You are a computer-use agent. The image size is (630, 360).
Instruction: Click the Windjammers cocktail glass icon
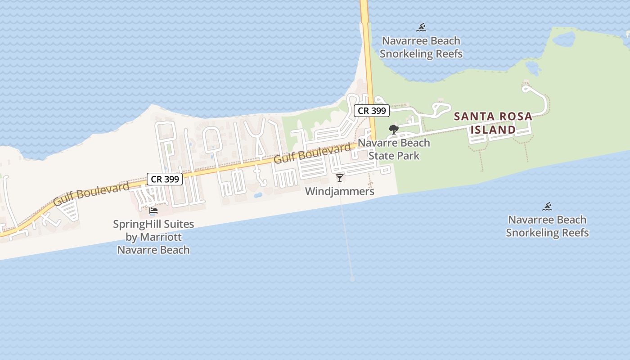(x=340, y=178)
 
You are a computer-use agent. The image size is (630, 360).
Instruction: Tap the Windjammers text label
(x=340, y=191)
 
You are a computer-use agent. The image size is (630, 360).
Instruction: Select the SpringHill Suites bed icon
(x=153, y=210)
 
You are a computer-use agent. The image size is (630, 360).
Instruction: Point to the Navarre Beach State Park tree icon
(x=394, y=130)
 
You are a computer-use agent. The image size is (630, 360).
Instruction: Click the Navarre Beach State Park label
(x=394, y=149)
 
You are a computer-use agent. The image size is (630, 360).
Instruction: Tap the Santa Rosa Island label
(x=493, y=123)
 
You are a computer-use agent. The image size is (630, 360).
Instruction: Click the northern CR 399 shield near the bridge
(x=371, y=111)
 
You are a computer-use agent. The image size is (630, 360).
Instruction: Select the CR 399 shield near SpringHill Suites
(x=165, y=179)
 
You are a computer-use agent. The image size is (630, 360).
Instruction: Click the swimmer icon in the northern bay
(x=421, y=28)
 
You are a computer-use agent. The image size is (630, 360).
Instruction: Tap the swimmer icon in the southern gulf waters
(x=547, y=207)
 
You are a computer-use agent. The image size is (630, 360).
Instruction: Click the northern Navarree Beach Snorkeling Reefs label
(x=421, y=47)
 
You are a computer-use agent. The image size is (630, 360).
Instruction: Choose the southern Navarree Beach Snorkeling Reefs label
(x=547, y=226)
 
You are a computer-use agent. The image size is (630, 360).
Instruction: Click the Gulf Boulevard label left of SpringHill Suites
(x=91, y=193)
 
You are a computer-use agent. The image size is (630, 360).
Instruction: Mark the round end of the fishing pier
(x=352, y=279)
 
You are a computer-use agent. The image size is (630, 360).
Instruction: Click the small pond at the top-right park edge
(x=564, y=40)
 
